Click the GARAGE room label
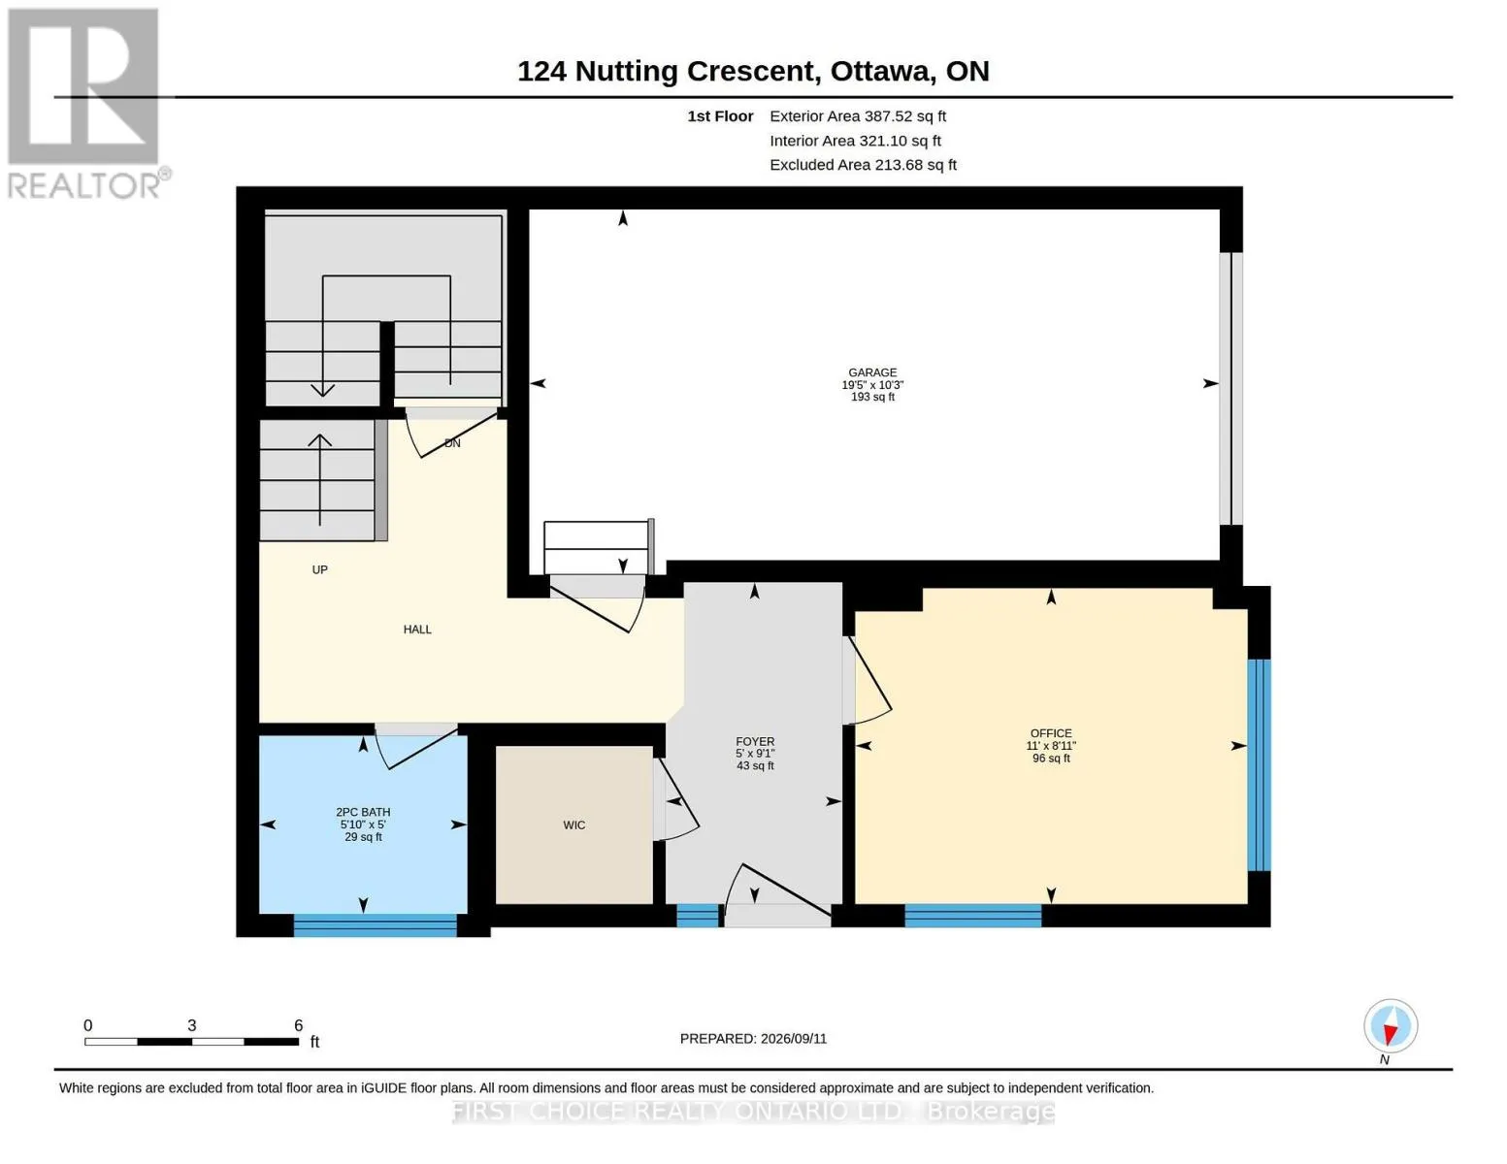pyautogui.click(x=871, y=372)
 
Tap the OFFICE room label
pyautogui.click(x=1051, y=733)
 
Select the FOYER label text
pyautogui.click(x=755, y=742)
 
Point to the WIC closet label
pyautogui.click(x=574, y=825)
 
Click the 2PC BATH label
pyautogui.click(x=363, y=812)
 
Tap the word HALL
pyautogui.click(x=417, y=630)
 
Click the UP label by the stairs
pyautogui.click(x=319, y=569)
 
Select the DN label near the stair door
pyautogui.click(x=452, y=443)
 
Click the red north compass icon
pyautogui.click(x=1391, y=1026)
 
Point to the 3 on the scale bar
pyautogui.click(x=192, y=1025)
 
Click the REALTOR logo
pyautogui.click(x=86, y=103)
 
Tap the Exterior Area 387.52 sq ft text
pyautogui.click(x=858, y=116)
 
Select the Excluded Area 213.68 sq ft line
pyautogui.click(x=863, y=165)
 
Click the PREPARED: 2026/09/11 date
pyautogui.click(x=753, y=1039)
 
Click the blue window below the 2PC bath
pyautogui.click(x=376, y=925)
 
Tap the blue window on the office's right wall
pyautogui.click(x=1260, y=764)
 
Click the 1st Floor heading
pyautogui.click(x=720, y=116)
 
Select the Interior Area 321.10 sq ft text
pyautogui.click(x=855, y=141)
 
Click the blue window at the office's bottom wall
pyautogui.click(x=973, y=916)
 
